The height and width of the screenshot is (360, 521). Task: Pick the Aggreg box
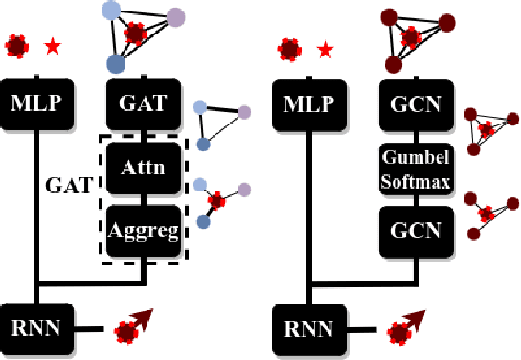143,231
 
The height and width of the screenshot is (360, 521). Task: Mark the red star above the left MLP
51,45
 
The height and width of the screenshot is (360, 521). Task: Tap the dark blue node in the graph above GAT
117,64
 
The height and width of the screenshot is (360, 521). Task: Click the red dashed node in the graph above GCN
411,37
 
